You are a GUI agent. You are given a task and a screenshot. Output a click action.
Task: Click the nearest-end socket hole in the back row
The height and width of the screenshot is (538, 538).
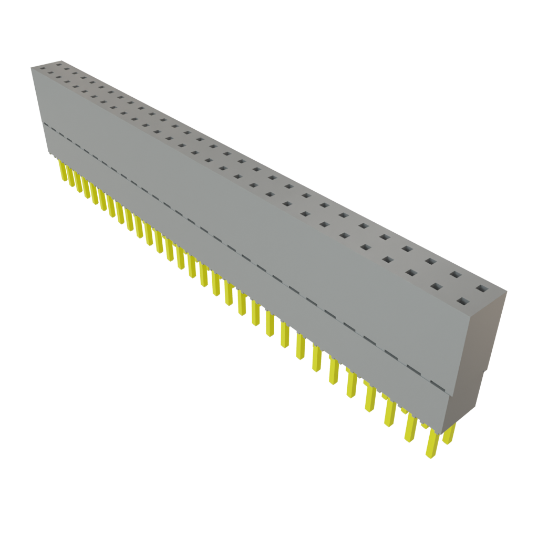pyautogui.click(x=481, y=288)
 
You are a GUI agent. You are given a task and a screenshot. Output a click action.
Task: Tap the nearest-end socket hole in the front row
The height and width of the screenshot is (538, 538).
pyautogui.click(x=462, y=302)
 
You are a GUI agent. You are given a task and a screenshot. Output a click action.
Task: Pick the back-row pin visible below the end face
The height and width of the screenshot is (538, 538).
pyautogui.click(x=449, y=433)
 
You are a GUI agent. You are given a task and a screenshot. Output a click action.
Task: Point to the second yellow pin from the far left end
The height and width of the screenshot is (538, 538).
pyautogui.click(x=69, y=176)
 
